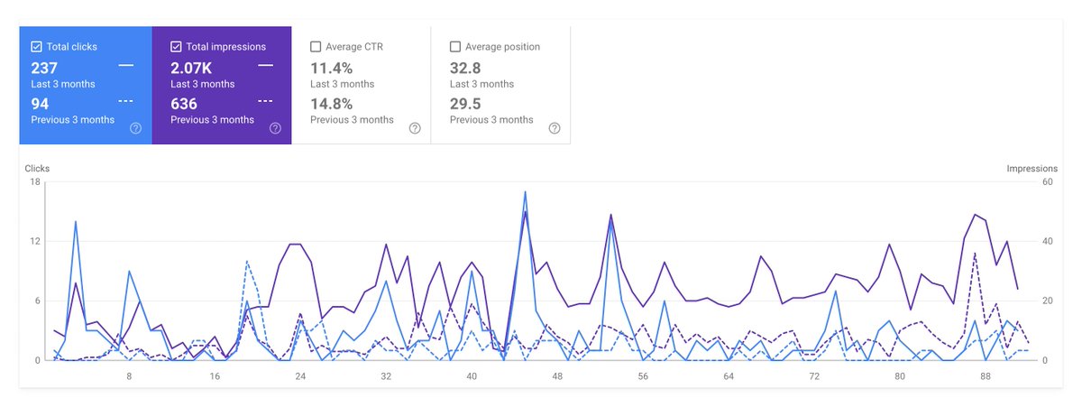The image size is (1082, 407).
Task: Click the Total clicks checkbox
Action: click(x=36, y=46)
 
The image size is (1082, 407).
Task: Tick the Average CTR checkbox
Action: click(x=316, y=46)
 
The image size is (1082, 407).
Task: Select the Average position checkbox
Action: click(x=455, y=46)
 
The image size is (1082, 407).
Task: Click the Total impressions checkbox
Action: click(x=176, y=46)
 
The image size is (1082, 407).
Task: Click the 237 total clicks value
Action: click(x=44, y=68)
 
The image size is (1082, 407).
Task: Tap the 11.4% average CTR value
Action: click(x=331, y=68)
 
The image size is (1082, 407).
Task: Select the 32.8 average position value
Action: click(x=465, y=68)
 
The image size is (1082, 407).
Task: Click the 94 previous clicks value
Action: click(x=40, y=104)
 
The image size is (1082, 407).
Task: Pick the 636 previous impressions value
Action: click(x=184, y=104)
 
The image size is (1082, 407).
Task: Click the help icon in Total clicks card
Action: click(x=135, y=128)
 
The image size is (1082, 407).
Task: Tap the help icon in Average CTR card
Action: click(x=415, y=128)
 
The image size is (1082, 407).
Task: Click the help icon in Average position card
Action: click(x=555, y=128)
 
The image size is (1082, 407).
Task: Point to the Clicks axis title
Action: click(x=37, y=169)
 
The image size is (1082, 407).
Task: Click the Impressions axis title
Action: click(x=1032, y=169)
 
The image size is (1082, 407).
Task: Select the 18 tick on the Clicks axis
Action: click(x=35, y=182)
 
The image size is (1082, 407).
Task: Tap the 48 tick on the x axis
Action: click(x=557, y=375)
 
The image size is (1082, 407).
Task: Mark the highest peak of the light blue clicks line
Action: click(x=525, y=191)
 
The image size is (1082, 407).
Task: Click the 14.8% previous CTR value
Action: click(x=331, y=104)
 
